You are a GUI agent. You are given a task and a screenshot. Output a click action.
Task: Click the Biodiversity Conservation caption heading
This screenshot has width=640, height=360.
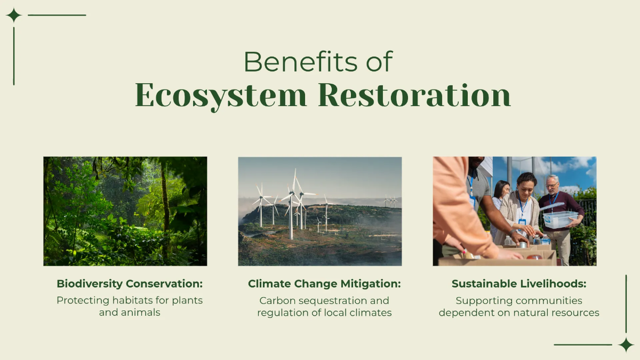130,284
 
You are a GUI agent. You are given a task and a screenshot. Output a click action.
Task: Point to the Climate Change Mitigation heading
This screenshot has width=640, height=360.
324,284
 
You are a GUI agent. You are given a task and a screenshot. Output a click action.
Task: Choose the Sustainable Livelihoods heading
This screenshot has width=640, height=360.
519,284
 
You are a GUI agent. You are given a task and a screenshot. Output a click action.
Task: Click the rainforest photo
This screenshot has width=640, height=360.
125,211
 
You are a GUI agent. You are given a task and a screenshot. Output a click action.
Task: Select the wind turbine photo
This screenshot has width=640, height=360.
319,211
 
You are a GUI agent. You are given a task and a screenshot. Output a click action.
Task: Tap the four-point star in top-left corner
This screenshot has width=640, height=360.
13,15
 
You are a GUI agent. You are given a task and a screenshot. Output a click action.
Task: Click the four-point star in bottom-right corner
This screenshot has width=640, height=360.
626,345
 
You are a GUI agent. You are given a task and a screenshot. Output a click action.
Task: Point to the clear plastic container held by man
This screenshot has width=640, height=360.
559,219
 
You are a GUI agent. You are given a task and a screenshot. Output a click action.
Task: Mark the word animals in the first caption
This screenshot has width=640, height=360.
140,313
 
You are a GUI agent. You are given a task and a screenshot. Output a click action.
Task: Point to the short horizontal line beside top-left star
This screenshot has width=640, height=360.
57,15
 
